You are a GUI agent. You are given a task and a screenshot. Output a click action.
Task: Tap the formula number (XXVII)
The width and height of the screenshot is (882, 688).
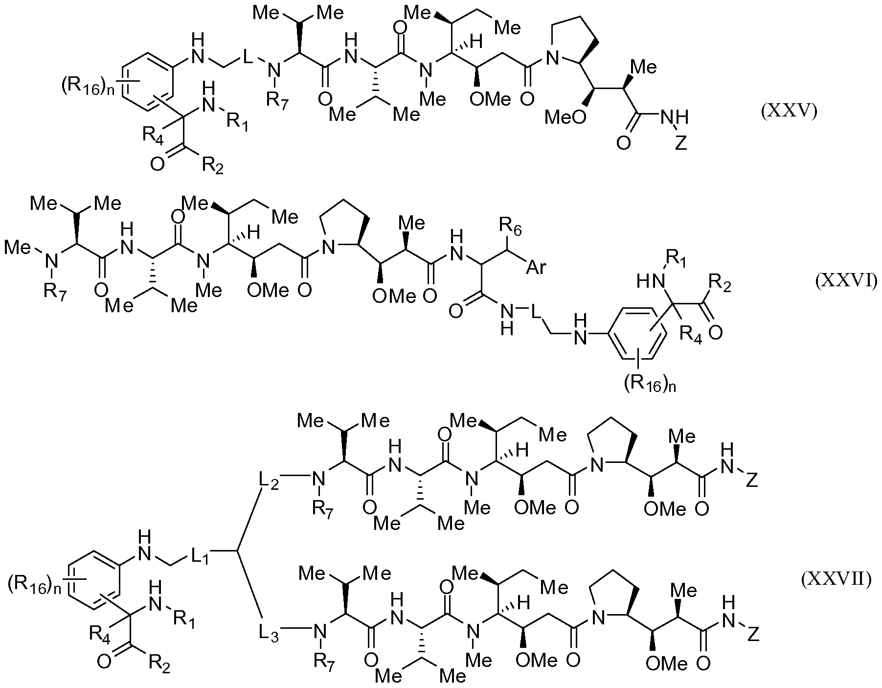836,580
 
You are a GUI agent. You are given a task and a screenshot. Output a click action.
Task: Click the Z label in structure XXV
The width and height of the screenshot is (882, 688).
680,144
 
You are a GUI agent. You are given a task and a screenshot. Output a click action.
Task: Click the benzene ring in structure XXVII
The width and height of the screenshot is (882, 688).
94,580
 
